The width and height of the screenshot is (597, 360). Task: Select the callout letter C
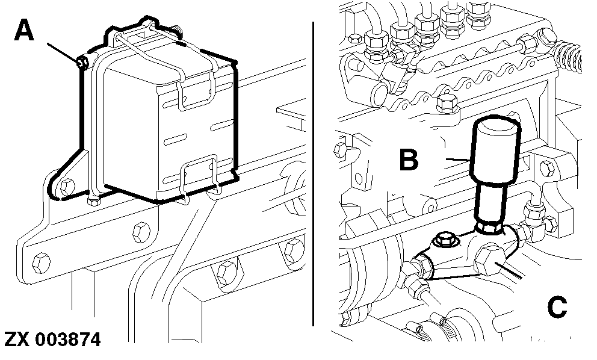click(557, 306)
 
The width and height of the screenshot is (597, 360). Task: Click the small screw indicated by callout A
click(83, 61)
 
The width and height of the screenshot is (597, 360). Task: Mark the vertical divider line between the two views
click(314, 175)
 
